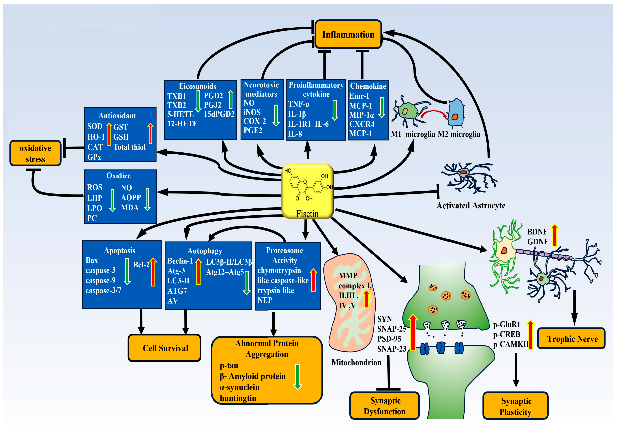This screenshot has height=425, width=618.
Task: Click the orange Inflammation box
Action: pyautogui.click(x=348, y=34)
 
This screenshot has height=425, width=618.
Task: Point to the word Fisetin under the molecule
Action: pyautogui.click(x=307, y=213)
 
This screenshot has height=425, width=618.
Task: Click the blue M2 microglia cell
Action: pyautogui.click(x=456, y=113)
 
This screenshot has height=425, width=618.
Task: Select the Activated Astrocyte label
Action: pyautogui.click(x=471, y=205)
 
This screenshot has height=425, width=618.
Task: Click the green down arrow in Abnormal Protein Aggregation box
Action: pyautogui.click(x=297, y=376)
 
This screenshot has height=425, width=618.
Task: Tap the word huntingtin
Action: pyautogui.click(x=238, y=398)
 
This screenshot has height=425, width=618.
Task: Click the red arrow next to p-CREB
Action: pyautogui.click(x=530, y=335)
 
